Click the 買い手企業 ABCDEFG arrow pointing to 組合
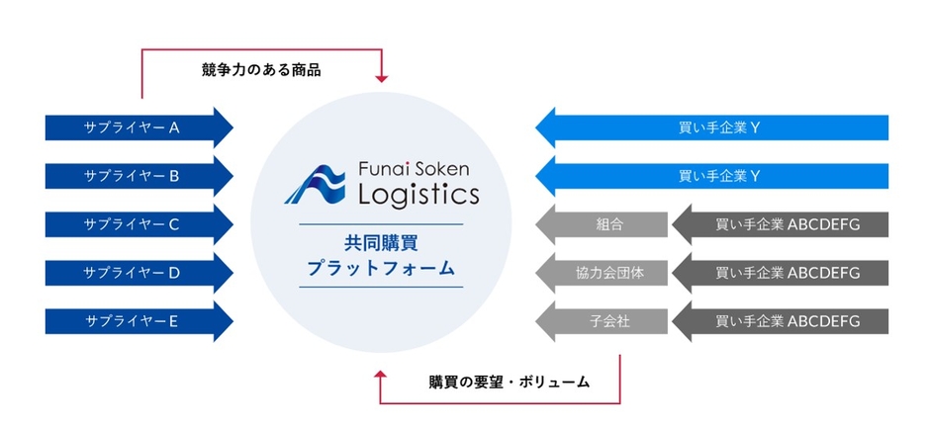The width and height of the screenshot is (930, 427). coord(781,224)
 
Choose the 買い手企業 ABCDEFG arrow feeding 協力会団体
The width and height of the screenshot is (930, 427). coord(781,273)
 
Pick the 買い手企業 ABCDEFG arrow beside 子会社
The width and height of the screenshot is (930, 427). coord(781,321)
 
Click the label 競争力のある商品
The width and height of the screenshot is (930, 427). coord(261,70)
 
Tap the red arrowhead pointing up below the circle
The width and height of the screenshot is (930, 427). coord(381,375)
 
